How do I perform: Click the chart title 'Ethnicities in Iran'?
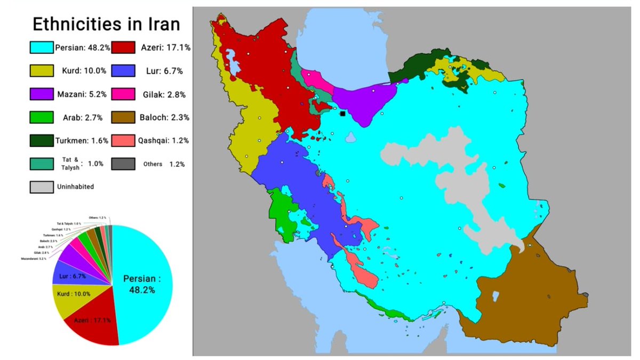[106, 24]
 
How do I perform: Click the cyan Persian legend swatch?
[42, 47]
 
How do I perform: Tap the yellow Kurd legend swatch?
[42, 71]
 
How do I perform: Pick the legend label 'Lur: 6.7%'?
[161, 71]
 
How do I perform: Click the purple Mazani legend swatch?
[42, 94]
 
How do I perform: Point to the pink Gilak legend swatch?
[124, 94]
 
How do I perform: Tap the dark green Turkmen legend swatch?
[42, 141]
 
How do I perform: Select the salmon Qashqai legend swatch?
[124, 141]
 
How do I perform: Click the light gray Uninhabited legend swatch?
[42, 187]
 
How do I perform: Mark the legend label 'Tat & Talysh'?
[69, 164]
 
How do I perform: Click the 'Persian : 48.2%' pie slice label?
[141, 284]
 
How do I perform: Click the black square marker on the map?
[342, 114]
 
